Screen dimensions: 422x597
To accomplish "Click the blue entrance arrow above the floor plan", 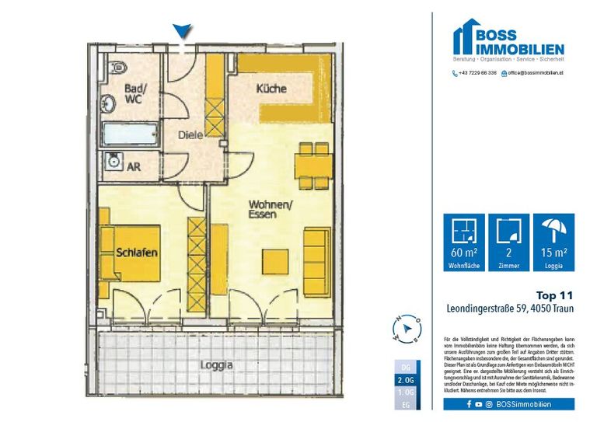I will tap(182, 30).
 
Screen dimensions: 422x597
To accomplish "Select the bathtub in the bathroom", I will tap(130, 134).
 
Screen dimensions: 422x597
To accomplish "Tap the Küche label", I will tap(272, 90).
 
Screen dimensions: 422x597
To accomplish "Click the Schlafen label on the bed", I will tap(138, 253).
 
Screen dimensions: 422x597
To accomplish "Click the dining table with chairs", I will tap(313, 165).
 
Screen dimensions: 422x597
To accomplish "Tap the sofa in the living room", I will tap(315, 261).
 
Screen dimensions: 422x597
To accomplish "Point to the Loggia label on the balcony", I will tap(217, 364).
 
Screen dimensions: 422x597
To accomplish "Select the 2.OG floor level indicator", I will tap(405, 379).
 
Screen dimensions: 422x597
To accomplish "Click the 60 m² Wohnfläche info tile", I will tap(463, 242).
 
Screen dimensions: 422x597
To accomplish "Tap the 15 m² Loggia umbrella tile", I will tap(554, 242).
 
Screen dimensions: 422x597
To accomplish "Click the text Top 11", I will tap(555, 295).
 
